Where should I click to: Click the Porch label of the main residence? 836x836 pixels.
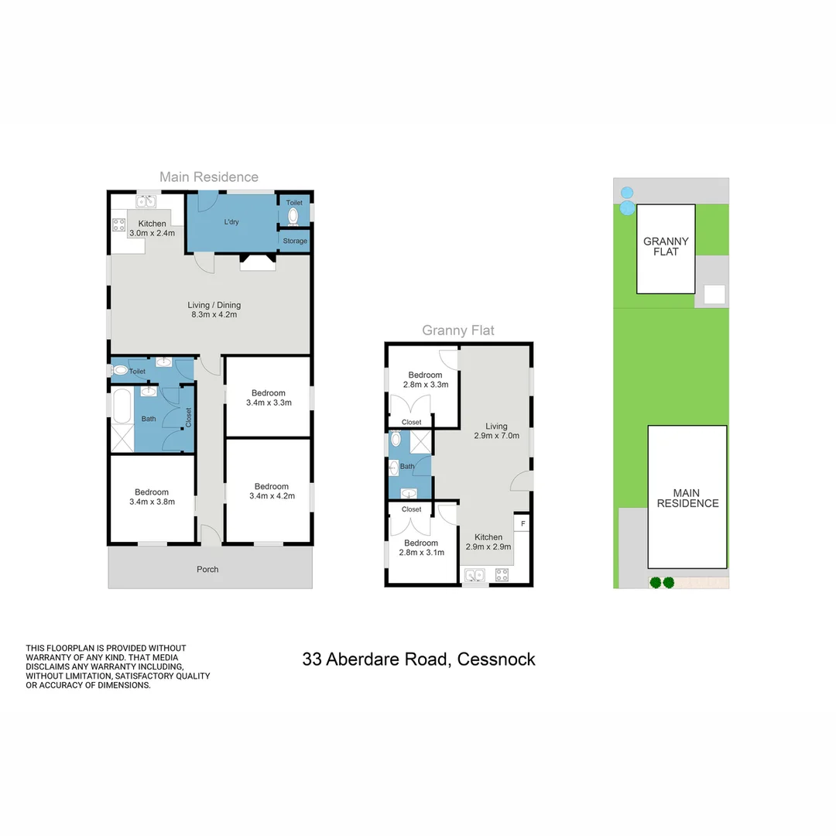[207, 570]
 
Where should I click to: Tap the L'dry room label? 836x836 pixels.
[231, 222]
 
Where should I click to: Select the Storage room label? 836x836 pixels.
[295, 241]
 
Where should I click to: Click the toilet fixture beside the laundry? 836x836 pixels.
[293, 217]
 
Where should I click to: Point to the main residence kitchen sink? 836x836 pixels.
[146, 201]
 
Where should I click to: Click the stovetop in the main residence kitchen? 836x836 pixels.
[119, 224]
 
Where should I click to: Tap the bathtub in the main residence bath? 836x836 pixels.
[122, 406]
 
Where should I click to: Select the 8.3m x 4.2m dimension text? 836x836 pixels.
[214, 314]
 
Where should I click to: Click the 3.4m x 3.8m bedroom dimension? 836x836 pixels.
[152, 502]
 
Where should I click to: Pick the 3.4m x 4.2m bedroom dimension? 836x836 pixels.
[272, 496]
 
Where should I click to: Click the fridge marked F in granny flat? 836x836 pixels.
[522, 523]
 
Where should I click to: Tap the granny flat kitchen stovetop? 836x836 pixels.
[502, 574]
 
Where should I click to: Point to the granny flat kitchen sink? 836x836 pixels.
[475, 575]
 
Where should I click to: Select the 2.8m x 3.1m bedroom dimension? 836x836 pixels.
[422, 553]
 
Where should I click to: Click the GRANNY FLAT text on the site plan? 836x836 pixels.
[666, 246]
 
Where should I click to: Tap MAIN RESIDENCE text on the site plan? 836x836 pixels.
[688, 498]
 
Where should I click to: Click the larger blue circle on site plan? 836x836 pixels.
[628, 208]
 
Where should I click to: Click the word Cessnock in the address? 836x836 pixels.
[496, 660]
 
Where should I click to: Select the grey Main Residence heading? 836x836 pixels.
[209, 177]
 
